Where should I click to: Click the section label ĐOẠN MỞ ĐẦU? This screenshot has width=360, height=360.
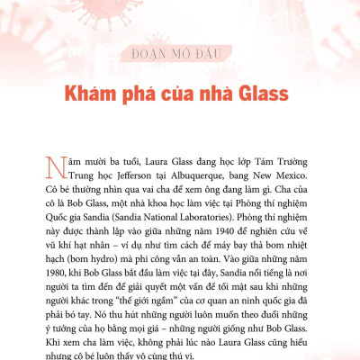click(x=180, y=51)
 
